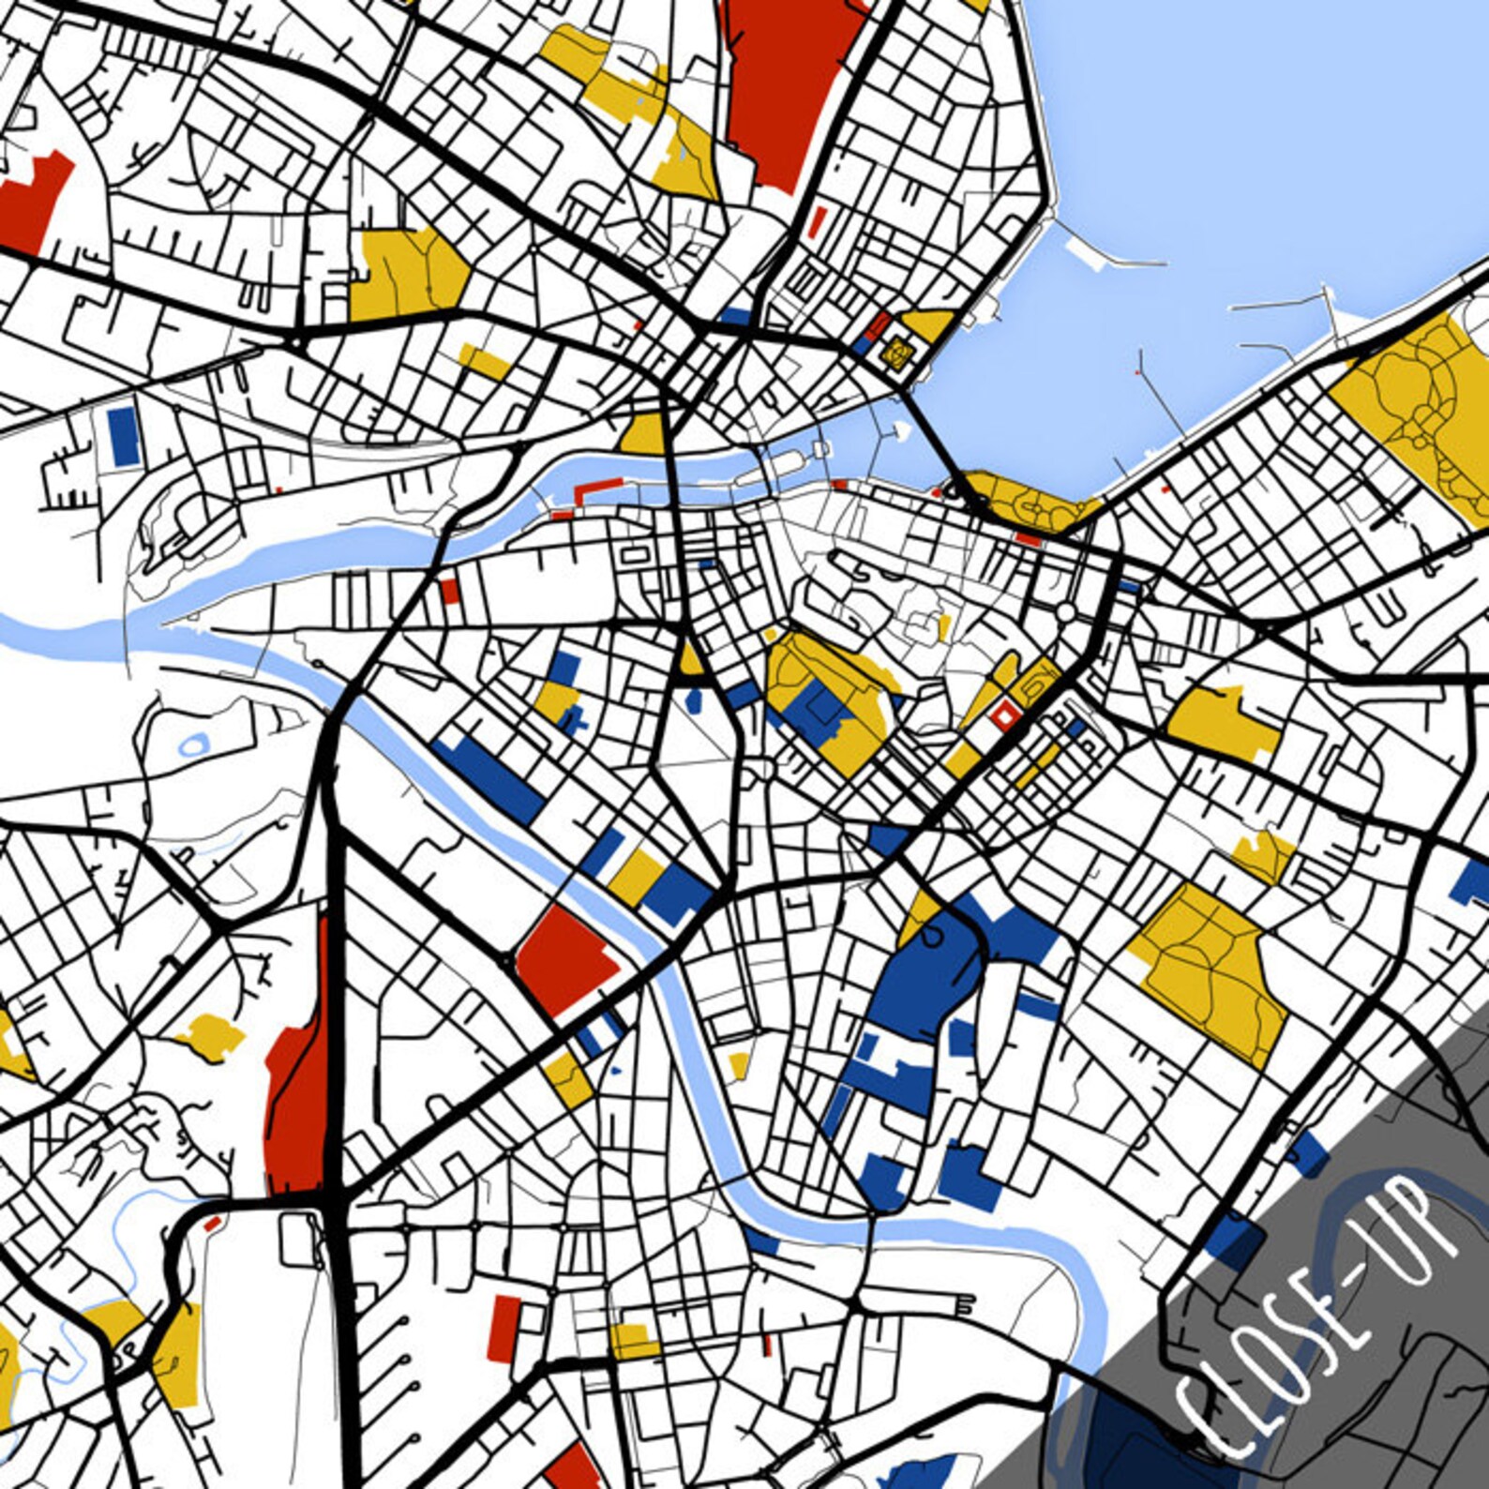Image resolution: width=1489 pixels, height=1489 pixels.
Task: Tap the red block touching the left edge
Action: (33, 202)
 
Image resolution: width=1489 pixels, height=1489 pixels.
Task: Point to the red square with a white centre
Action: (1004, 716)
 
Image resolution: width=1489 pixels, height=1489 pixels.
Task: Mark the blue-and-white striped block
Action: (600, 1031)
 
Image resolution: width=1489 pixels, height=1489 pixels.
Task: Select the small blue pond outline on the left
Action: (193, 746)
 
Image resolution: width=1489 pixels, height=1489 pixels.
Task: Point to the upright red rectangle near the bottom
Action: (504, 1328)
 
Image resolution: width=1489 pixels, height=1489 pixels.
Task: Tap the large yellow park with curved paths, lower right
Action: (1210, 975)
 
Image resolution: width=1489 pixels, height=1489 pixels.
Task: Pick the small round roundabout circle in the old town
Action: (1065, 612)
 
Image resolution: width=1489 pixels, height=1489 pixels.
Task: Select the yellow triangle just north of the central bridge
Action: (645, 435)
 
